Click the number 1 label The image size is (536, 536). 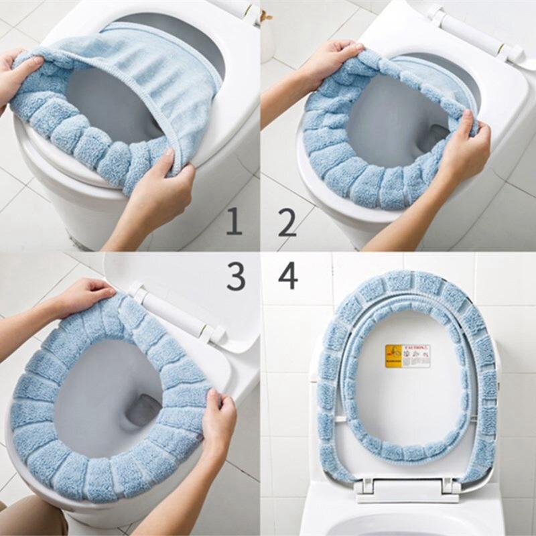tap(234, 221)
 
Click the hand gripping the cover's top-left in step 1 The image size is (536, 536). tap(17, 74)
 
